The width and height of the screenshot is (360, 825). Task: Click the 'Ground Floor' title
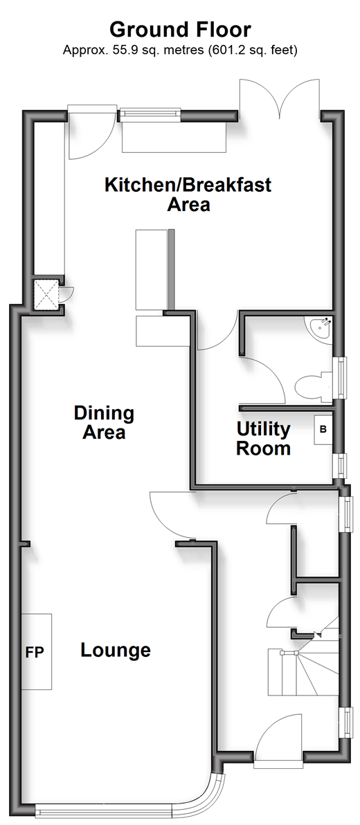[180, 29]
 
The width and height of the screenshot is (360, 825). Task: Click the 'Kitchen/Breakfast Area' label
[188, 194]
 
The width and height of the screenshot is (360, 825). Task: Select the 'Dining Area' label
[104, 422]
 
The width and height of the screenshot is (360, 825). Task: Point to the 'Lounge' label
[115, 651]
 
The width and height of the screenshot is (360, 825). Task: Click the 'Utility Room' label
[263, 438]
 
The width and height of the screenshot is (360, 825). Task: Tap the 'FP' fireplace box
[36, 651]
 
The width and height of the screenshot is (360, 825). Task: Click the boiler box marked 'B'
[323, 429]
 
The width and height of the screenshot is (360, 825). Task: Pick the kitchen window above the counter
[150, 115]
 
